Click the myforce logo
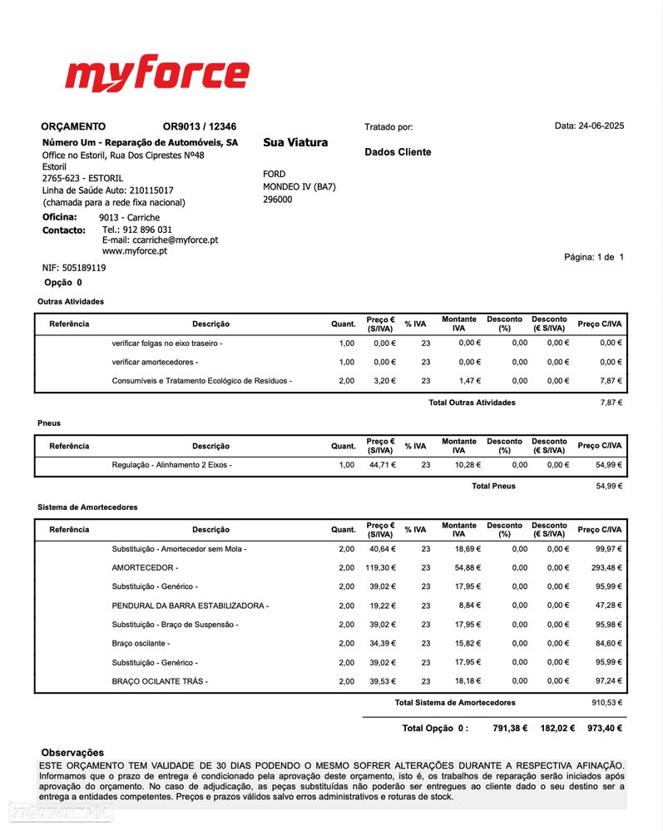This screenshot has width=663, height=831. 156,74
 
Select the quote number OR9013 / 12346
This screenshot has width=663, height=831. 200,127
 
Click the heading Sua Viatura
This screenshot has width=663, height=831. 295,142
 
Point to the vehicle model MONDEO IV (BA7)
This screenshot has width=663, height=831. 299,187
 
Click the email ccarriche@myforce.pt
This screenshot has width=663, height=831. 160,240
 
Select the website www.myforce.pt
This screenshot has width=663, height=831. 135,251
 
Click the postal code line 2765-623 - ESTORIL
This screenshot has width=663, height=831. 82,179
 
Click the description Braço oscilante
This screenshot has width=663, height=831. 141,644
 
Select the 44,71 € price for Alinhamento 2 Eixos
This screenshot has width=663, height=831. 383,465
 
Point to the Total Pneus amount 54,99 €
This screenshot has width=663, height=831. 609,487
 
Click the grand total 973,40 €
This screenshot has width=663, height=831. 605,729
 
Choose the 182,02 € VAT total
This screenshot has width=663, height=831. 557,729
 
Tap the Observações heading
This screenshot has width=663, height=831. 72,753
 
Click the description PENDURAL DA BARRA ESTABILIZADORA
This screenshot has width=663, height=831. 190,606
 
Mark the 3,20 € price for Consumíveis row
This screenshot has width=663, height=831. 384,381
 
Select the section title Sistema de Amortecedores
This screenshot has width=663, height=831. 87,507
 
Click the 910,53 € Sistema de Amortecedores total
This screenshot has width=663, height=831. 606,703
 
